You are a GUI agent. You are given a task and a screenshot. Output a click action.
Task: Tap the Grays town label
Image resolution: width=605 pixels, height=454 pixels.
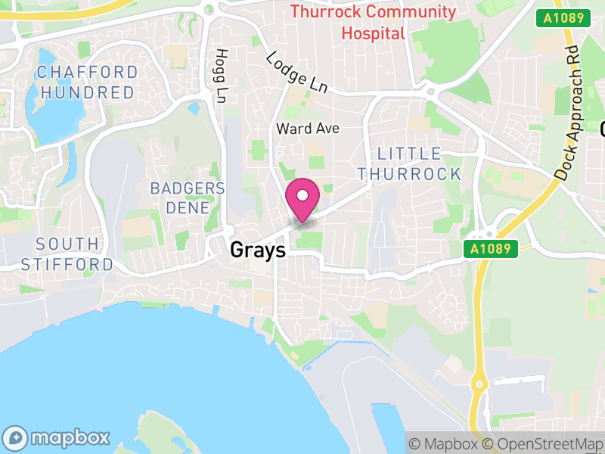(259, 250)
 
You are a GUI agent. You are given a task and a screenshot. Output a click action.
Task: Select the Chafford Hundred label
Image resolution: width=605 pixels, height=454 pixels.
(88, 82)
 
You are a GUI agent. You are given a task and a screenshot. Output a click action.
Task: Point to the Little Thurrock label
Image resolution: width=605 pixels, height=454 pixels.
(409, 163)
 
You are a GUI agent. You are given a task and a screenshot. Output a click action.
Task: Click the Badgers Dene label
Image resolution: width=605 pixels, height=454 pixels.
(188, 197)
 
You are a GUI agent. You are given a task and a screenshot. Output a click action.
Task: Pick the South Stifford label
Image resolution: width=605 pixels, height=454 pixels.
(67, 254)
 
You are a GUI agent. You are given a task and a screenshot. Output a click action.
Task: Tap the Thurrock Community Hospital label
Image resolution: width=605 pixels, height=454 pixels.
(374, 23)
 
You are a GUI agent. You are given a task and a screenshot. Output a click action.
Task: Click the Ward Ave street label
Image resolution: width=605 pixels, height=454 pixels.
(307, 129)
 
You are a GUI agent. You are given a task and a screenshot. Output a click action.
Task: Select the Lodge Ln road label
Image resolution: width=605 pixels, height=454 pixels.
(296, 73)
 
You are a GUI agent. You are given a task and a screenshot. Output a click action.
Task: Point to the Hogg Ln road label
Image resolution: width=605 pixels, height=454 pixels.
(221, 76)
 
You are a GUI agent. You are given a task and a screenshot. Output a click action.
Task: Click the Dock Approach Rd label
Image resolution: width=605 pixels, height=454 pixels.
(570, 110)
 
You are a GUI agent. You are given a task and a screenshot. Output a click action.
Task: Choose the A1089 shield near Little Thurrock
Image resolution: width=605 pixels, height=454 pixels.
(492, 248)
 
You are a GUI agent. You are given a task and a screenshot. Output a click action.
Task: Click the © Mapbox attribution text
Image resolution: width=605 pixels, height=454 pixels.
(444, 443)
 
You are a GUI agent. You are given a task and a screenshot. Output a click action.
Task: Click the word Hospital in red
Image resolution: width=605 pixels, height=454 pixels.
(374, 33)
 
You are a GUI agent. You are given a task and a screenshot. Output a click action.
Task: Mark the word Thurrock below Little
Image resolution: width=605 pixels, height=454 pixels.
(409, 173)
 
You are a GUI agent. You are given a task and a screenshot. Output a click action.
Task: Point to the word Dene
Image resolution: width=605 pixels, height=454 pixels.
(188, 207)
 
